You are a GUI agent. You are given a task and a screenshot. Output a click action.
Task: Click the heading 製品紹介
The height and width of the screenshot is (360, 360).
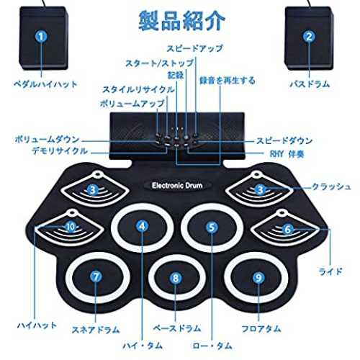181,20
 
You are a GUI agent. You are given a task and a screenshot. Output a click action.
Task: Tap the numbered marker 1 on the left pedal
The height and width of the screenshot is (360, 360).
41,37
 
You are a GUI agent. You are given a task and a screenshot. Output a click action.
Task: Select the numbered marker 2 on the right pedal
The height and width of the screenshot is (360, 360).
309,37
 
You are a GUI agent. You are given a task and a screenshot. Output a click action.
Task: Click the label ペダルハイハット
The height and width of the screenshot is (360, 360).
45,84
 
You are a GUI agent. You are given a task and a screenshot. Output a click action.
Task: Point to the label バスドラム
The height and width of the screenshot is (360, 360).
310,84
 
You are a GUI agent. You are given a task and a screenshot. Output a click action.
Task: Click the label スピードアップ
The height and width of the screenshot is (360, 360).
194,48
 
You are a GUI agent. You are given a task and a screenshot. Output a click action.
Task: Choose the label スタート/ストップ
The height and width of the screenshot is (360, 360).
160,63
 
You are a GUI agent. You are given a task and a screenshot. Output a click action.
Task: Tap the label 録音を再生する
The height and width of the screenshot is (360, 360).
227,81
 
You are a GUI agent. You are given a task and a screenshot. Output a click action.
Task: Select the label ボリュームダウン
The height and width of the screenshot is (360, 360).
47,140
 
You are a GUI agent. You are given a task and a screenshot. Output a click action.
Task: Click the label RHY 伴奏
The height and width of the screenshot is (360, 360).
287,154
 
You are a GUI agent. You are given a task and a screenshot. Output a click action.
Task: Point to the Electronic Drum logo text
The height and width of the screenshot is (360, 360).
177,185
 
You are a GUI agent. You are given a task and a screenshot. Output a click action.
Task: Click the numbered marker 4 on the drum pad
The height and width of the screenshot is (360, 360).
142,226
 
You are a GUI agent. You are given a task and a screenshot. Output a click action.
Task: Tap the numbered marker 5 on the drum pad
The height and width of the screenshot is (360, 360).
212,227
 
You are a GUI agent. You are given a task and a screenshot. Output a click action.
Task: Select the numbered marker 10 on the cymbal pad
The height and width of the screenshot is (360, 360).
71,227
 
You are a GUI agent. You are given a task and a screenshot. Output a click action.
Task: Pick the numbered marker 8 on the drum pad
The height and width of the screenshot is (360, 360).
176,278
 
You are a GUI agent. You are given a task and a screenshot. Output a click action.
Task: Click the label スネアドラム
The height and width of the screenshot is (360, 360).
96,330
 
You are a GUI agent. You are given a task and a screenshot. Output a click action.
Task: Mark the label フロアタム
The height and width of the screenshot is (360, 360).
261,328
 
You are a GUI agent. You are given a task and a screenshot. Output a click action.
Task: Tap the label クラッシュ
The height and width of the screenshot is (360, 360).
331,186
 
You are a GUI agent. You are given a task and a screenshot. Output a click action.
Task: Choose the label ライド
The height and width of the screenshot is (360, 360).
330,271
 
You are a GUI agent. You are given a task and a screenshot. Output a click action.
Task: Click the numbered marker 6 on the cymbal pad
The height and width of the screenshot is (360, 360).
287,229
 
